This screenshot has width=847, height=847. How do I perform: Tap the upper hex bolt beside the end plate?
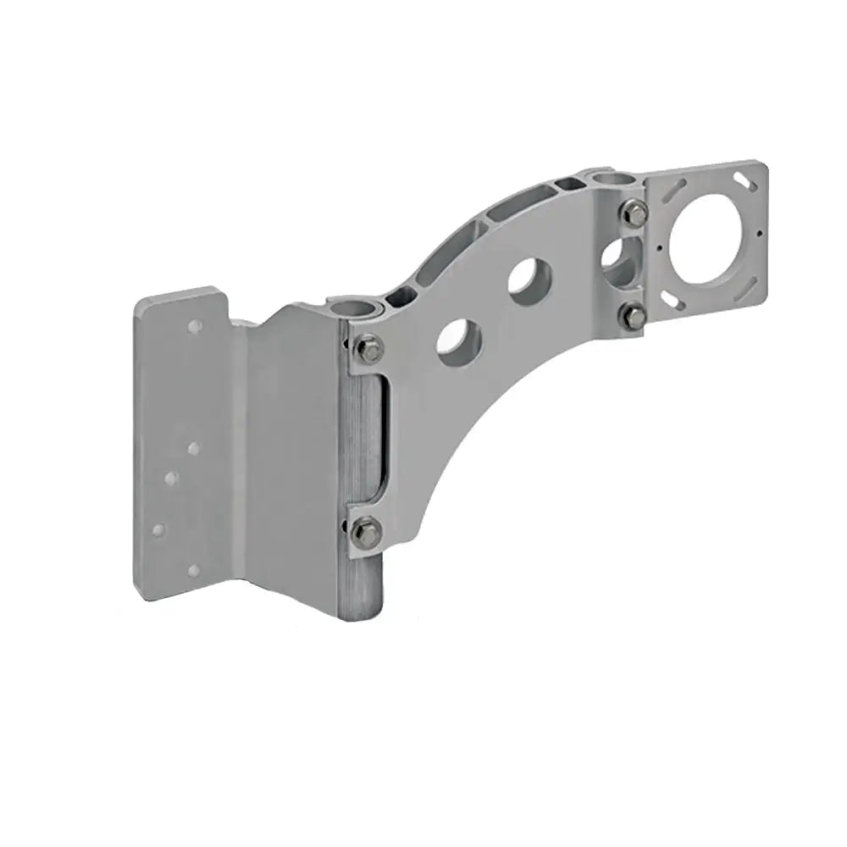pos(634,213)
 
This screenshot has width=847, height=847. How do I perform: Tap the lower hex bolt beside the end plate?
pos(633,316)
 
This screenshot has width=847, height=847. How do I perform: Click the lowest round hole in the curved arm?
pos(459,340)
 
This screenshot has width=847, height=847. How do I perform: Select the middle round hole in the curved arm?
pos(530,280)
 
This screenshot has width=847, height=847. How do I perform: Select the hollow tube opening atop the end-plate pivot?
pos(611,179)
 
